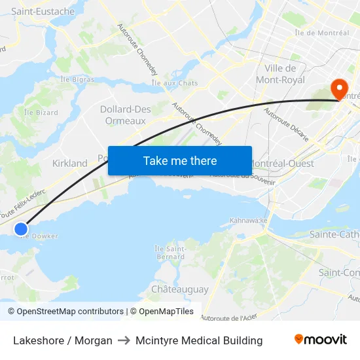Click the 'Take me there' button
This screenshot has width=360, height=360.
pyautogui.click(x=180, y=160)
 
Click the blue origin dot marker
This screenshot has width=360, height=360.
pyautogui.click(x=21, y=228)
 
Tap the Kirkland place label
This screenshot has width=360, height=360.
pyautogui.click(x=69, y=163)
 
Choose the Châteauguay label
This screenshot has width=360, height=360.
pyautogui.click(x=179, y=289)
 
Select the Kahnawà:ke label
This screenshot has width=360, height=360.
pyautogui.click(x=249, y=221)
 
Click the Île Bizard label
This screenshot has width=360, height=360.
pyautogui.click(x=41, y=113)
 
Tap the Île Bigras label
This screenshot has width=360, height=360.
pyautogui.click(x=77, y=80)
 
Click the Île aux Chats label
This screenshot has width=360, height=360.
pyautogui.click(x=174, y=83)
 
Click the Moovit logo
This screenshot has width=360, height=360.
pyautogui.click(x=320, y=340)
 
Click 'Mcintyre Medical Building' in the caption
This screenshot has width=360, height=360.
pyautogui.click(x=199, y=340)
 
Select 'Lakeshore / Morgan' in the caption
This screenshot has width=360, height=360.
pyautogui.click(x=63, y=340)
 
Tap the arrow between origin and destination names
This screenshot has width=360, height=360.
pyautogui.click(x=124, y=340)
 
